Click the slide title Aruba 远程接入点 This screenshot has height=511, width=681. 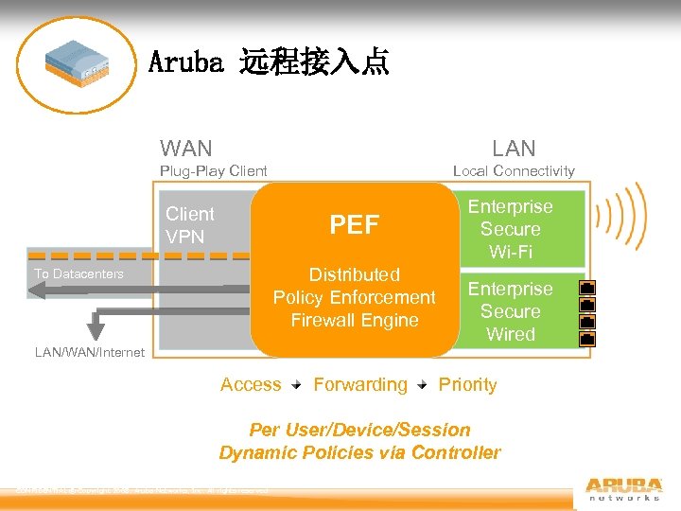click(x=269, y=63)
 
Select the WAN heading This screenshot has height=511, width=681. click(x=186, y=148)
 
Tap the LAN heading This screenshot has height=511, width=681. click(x=514, y=148)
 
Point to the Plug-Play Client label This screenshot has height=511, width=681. click(x=213, y=171)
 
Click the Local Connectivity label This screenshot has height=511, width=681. click(x=514, y=171)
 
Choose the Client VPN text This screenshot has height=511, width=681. click(x=189, y=225)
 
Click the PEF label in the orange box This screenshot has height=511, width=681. click(x=354, y=224)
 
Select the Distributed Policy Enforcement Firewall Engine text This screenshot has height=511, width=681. click(x=354, y=297)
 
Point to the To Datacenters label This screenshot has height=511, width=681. click(x=79, y=273)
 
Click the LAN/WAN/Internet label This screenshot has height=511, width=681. click(x=90, y=352)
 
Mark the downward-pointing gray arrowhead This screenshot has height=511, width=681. click(x=96, y=328)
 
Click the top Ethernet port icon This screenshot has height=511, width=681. click(x=586, y=287)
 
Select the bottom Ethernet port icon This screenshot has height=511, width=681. click(x=586, y=338)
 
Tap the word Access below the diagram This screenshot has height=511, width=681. click(x=251, y=384)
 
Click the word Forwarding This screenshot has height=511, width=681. click(x=359, y=384)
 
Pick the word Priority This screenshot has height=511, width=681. click(x=467, y=384)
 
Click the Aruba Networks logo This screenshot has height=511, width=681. click(x=622, y=485)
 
